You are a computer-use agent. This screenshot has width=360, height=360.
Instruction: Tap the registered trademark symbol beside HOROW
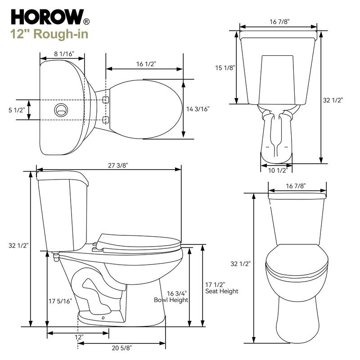click(86, 21)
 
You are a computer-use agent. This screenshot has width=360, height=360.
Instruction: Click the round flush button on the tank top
click(60, 109)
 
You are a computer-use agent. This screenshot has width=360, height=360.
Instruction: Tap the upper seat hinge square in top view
click(106, 99)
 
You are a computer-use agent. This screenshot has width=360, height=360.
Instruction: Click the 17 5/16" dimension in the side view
click(60, 301)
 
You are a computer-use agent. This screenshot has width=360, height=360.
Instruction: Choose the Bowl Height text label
click(171, 300)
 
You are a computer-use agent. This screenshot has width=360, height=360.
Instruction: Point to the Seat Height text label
click(221, 291)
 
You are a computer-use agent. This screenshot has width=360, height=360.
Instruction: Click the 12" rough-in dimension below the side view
click(79, 337)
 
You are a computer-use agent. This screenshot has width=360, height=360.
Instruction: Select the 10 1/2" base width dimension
click(276, 170)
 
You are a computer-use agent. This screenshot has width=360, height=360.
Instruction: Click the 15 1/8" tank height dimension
click(225, 68)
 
